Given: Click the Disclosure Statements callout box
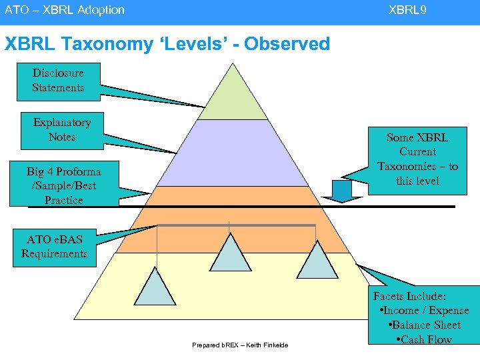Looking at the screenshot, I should tap(58, 81).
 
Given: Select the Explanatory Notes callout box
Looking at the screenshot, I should tap(62, 130).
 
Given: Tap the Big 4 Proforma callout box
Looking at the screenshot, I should tap(63, 185).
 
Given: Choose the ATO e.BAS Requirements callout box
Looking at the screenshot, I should tap(54, 247).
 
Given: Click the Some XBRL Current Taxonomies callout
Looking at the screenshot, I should tap(417, 159).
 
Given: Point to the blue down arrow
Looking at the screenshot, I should tap(341, 190).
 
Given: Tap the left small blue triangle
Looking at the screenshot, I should tap(157, 287).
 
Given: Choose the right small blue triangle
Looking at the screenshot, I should tap(317, 260).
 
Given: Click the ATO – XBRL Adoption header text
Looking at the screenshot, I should tap(65, 10).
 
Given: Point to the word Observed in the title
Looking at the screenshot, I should tap(287, 44).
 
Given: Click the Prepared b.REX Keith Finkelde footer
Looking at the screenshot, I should tap(240, 345).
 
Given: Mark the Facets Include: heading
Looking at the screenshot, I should tap(409, 296).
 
